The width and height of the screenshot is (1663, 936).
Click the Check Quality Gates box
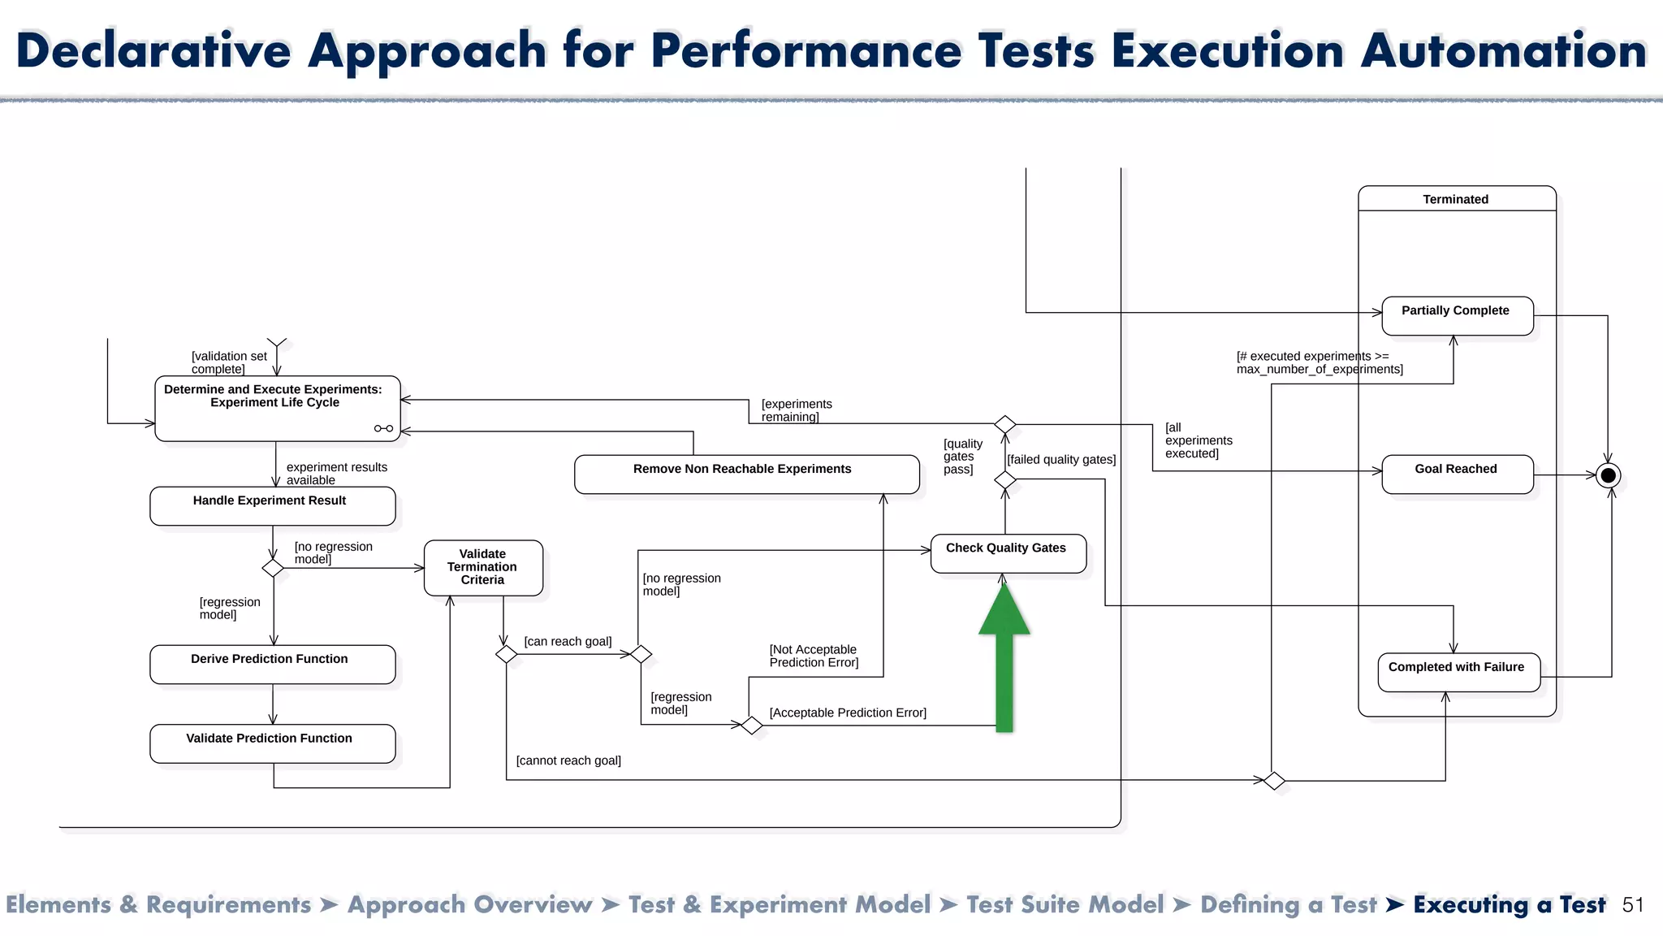tap(1008, 553)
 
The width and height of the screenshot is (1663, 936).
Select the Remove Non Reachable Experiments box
tap(746, 474)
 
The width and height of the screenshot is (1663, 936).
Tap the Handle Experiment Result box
tap(272, 506)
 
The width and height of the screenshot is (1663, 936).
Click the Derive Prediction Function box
tap(272, 665)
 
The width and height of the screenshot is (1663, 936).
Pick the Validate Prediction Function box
tap(272, 743)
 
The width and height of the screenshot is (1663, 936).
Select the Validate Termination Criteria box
tap(483, 567)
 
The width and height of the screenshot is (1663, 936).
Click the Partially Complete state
tap(1457, 316)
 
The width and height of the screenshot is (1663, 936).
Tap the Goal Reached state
tap(1457, 474)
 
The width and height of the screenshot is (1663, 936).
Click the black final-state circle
tap(1608, 475)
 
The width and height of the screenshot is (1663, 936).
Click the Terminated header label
tap(1455, 199)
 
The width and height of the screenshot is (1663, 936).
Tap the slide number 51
tap(1633, 905)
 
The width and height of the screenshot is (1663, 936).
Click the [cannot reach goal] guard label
tap(568, 760)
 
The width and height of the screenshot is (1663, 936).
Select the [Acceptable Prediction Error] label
tap(848, 713)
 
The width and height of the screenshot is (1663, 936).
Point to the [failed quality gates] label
tap(1061, 460)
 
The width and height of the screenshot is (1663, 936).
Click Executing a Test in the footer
tap(1509, 905)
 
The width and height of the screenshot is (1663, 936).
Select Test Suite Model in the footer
tap(1065, 905)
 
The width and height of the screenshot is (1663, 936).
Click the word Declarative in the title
tap(153, 50)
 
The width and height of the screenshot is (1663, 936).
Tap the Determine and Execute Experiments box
tap(276, 409)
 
